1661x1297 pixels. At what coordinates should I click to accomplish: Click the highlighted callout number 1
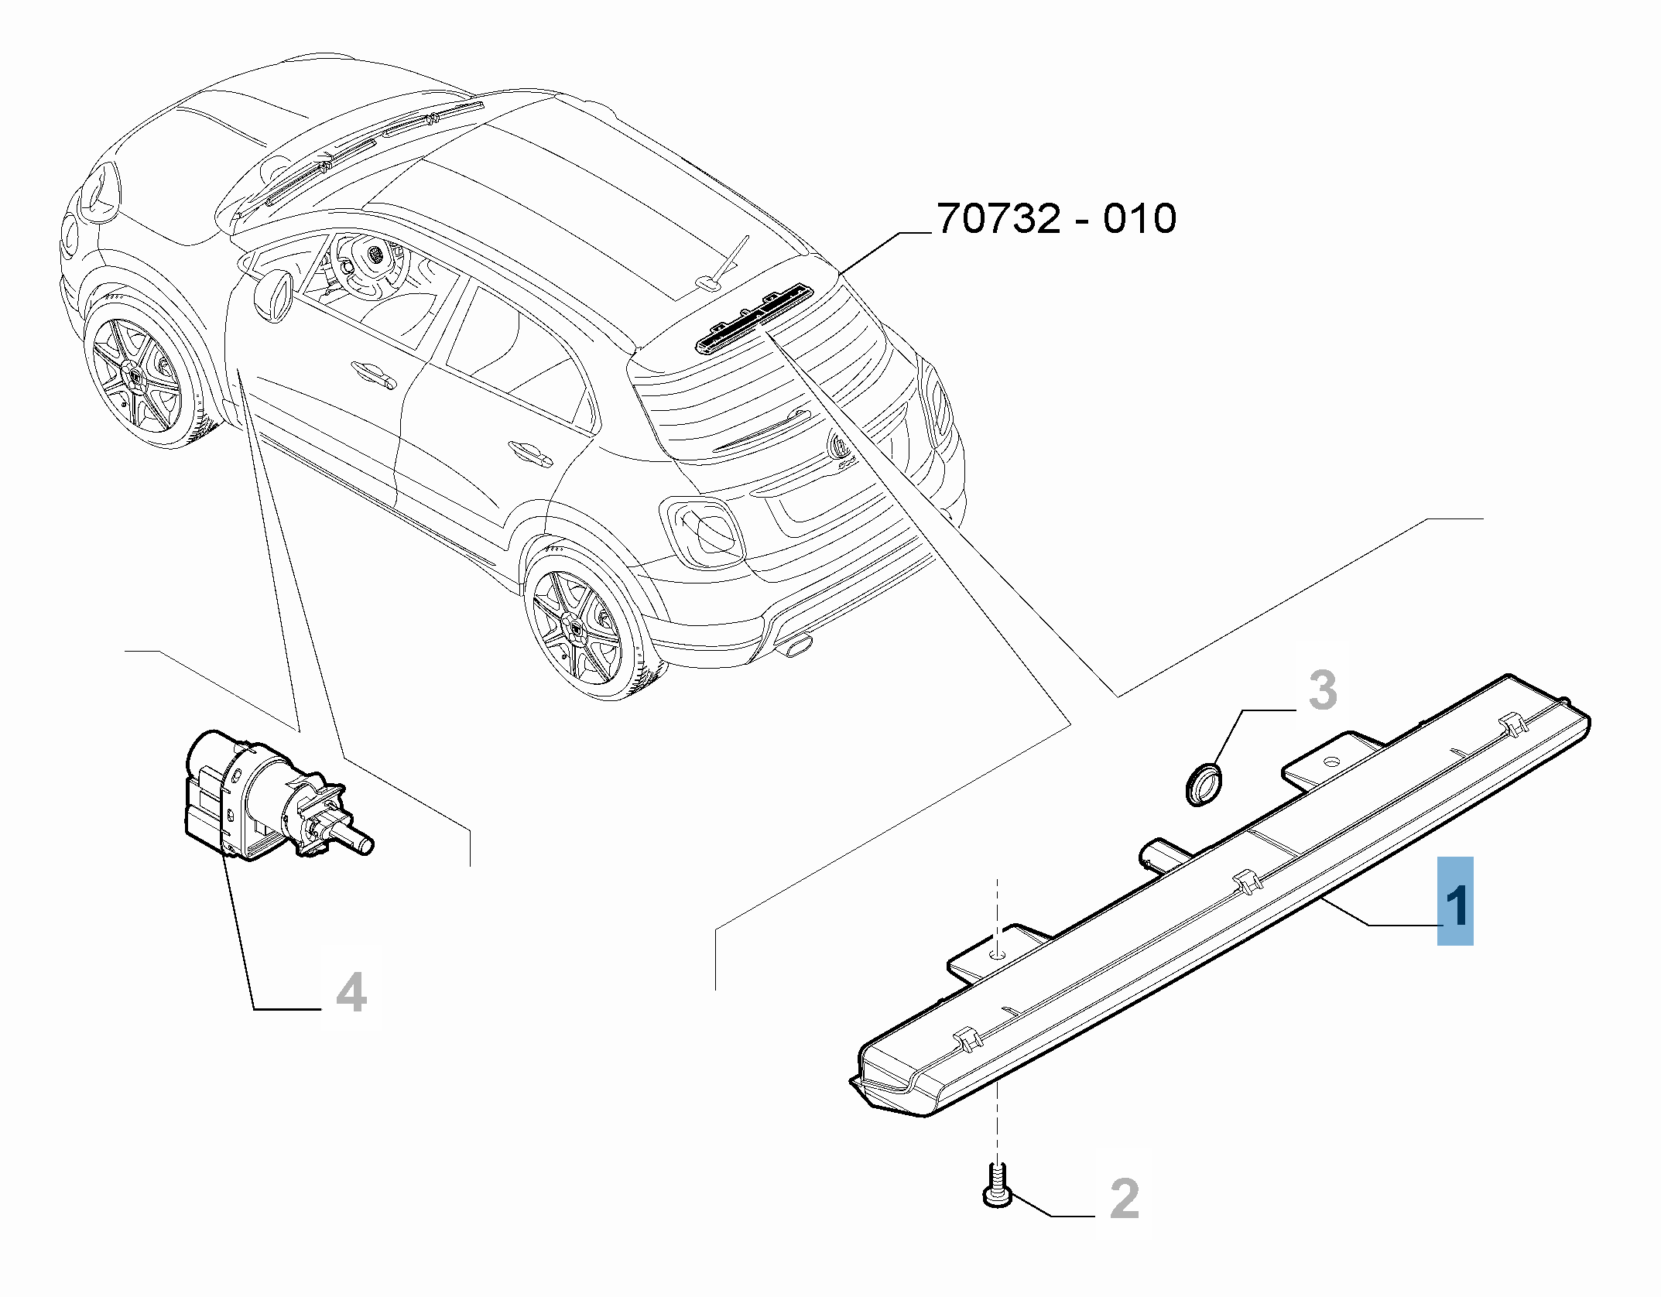[1455, 901]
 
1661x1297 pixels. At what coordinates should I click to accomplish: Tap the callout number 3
[1323, 691]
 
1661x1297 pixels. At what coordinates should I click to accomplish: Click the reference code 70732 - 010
[1057, 219]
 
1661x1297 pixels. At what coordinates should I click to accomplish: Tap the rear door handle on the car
[531, 453]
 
